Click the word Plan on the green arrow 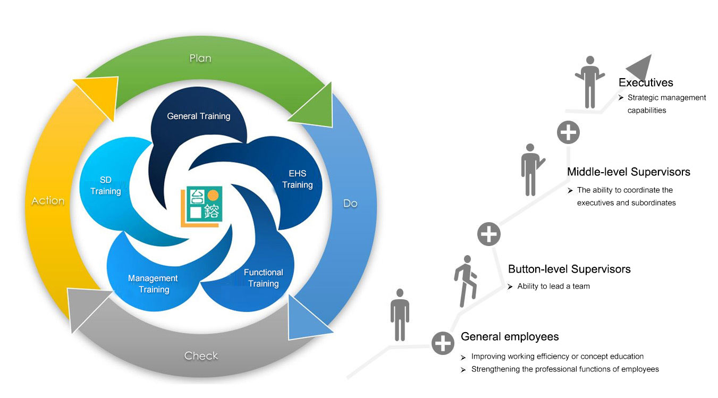pos(200,58)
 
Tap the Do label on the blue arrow pos(350,203)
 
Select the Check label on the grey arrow pos(201,355)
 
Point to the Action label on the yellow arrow pos(48,201)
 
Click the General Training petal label pos(199,116)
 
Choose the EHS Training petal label pos(297,179)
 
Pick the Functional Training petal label pos(264,278)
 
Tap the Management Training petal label pos(153,284)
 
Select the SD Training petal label pos(105,185)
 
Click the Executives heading pos(646,82)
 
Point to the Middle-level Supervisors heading pos(628,172)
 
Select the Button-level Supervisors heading pos(569,269)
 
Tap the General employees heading pos(510,336)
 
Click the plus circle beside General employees pos(442,343)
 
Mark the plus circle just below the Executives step pos(568,132)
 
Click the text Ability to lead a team pos(554,286)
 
